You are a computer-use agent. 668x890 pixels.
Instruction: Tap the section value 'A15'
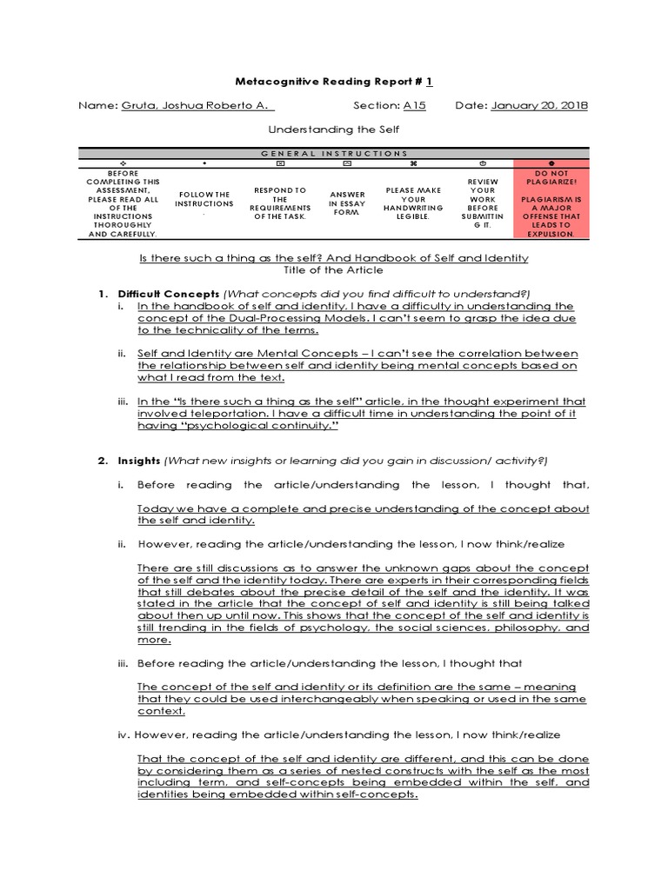tap(414, 105)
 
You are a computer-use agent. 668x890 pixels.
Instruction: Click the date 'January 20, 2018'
tap(539, 105)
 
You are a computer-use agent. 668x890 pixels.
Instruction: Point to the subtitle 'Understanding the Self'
tap(334, 129)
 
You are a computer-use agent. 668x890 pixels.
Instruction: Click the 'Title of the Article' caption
tap(334, 270)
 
